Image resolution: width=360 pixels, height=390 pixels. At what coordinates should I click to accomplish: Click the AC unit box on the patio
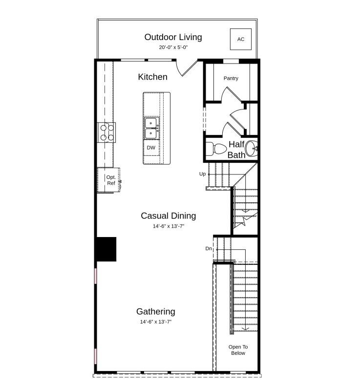coord(240,39)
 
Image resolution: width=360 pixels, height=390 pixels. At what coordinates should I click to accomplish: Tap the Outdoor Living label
coord(173,37)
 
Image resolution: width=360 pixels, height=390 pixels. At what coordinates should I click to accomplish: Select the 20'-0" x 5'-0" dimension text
coord(173,47)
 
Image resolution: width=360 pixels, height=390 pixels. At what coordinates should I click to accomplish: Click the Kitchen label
coord(152,77)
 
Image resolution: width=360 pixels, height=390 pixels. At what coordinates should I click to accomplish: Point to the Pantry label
coord(231,78)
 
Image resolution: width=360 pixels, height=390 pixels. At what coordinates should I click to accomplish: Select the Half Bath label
coord(236,150)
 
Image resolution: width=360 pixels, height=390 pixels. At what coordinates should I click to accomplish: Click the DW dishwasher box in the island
coord(151,148)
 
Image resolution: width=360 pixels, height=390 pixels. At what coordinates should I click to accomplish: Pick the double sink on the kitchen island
coord(151,128)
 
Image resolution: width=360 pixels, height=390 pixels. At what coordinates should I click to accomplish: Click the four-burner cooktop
coord(107,132)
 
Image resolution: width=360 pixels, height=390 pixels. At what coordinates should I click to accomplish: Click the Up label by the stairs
coord(202,174)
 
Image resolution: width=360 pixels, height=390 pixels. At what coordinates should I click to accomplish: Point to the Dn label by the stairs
coord(209,249)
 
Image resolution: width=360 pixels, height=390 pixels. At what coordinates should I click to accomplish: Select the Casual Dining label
coord(168,216)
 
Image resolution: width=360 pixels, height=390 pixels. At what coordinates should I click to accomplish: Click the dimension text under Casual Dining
coord(168,226)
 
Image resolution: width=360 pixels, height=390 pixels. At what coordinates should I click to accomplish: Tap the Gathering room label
coord(155,311)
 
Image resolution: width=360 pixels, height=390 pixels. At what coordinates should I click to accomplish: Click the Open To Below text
coord(238,350)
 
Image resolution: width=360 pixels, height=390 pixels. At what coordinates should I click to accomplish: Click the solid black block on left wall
coord(106,249)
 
